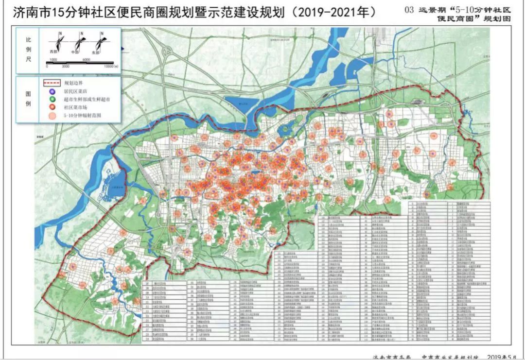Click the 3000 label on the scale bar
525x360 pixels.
66,65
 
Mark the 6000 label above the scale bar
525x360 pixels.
87,59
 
